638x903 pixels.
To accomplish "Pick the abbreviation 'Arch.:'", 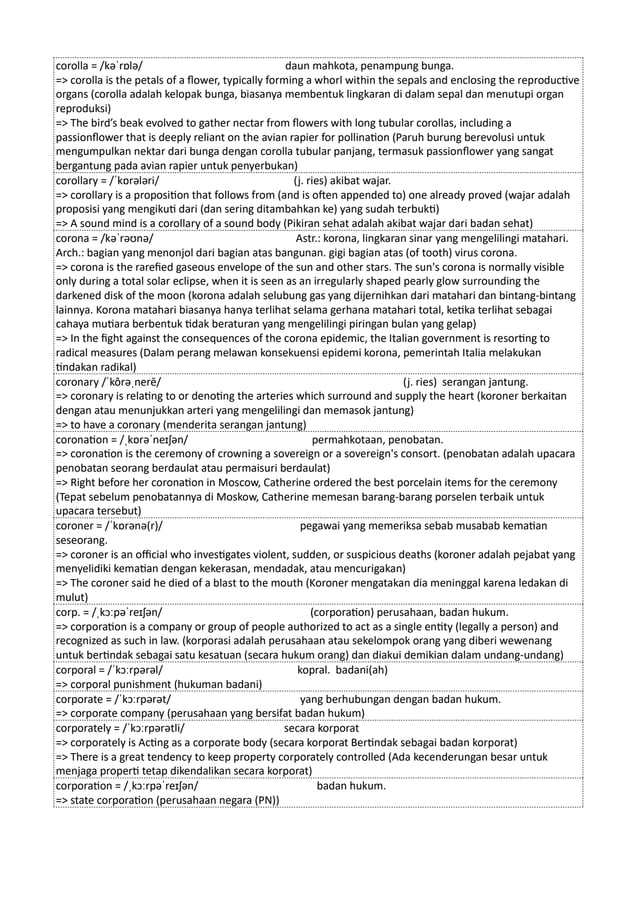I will (73, 254).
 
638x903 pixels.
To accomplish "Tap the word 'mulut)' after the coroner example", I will (73, 596).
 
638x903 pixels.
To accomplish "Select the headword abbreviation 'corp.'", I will (69, 611).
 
